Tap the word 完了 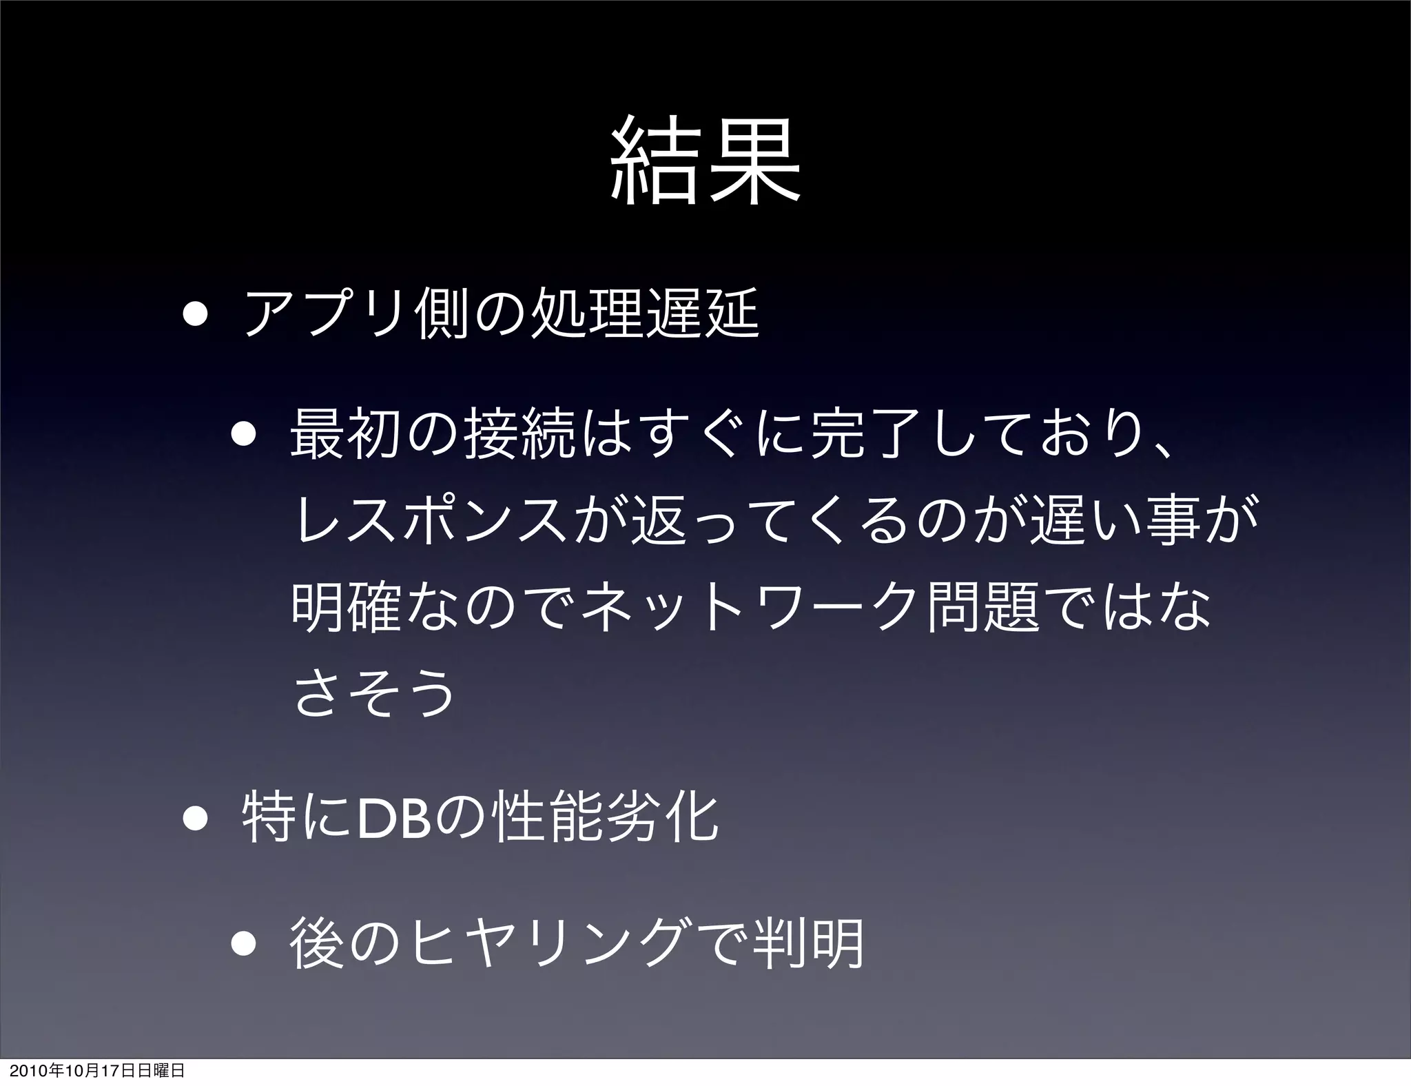click(854, 437)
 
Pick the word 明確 click(347, 607)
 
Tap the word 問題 click(983, 607)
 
